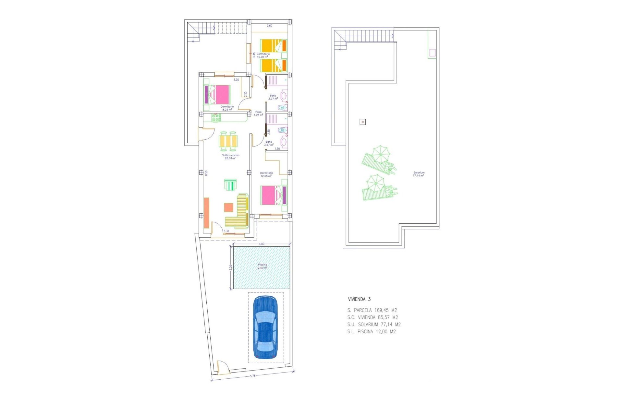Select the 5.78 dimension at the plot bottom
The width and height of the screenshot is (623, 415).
253,376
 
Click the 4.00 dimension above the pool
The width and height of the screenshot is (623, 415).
262,244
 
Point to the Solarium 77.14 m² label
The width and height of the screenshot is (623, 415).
419,174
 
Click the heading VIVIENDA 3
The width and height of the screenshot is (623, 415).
359,299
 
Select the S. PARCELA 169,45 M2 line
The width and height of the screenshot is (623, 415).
372,310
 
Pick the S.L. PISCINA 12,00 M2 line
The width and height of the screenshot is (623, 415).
371,332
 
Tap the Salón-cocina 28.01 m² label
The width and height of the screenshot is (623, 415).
231,157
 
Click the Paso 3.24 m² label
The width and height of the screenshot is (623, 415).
258,113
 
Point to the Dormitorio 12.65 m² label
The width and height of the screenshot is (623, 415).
266,174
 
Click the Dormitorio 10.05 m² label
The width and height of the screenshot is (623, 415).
263,55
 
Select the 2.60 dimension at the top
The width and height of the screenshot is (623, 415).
269,26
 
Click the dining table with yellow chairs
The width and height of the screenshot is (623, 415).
228,141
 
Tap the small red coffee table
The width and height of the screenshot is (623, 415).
228,207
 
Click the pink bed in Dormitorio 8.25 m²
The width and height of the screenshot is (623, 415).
217,94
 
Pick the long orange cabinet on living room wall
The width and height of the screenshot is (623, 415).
206,213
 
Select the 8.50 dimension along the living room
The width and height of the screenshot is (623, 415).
206,173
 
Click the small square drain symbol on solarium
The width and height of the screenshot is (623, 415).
363,122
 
